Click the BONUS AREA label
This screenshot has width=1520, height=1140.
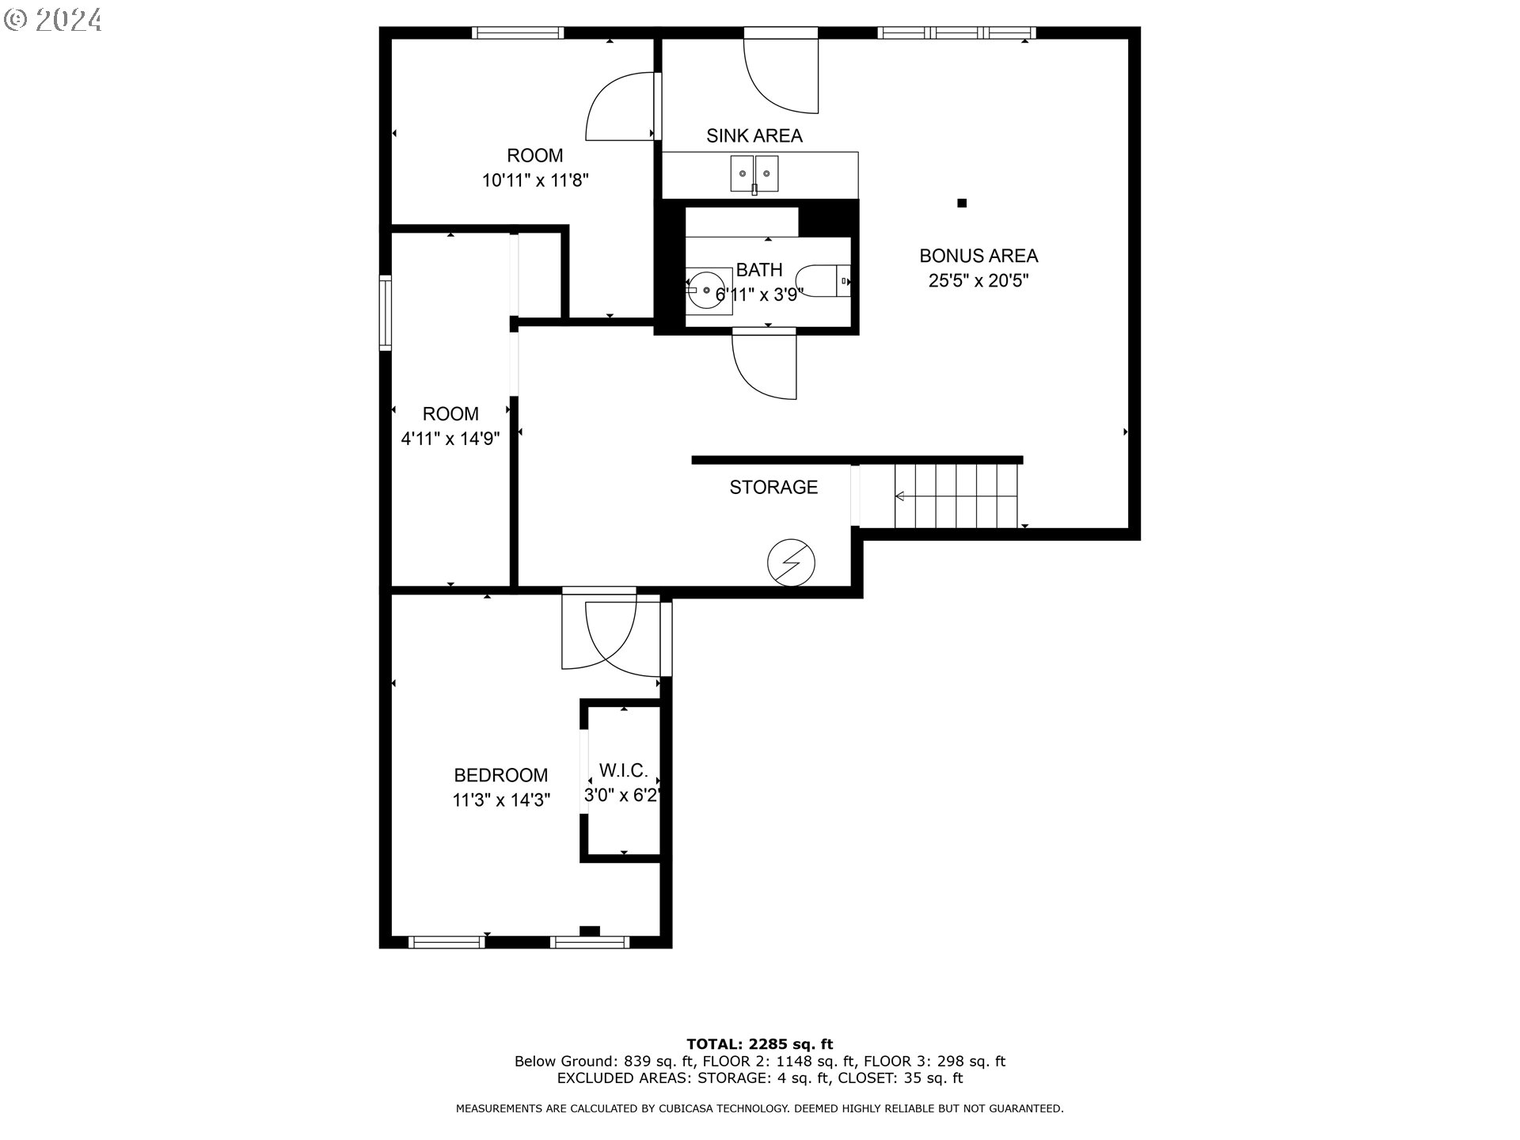coord(978,256)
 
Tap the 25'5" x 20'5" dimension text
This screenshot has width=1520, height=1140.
coord(978,281)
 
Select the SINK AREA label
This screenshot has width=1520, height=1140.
coord(754,136)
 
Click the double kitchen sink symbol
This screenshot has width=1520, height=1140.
coord(754,174)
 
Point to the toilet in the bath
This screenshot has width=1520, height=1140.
coord(823,281)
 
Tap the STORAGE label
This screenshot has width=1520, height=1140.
coord(773,488)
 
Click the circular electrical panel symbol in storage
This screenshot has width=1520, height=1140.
coord(790,563)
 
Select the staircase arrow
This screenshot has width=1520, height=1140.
coord(900,496)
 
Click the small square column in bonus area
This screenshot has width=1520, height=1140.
coord(962,203)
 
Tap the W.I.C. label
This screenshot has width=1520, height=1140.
coord(623,770)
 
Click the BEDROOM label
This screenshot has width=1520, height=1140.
coord(500,775)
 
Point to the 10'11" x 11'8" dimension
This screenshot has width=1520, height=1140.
coord(535,180)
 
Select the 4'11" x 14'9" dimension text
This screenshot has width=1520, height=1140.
coord(450,439)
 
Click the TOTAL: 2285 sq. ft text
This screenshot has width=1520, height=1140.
coord(759,1044)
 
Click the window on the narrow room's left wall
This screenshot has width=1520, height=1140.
coord(386,312)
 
